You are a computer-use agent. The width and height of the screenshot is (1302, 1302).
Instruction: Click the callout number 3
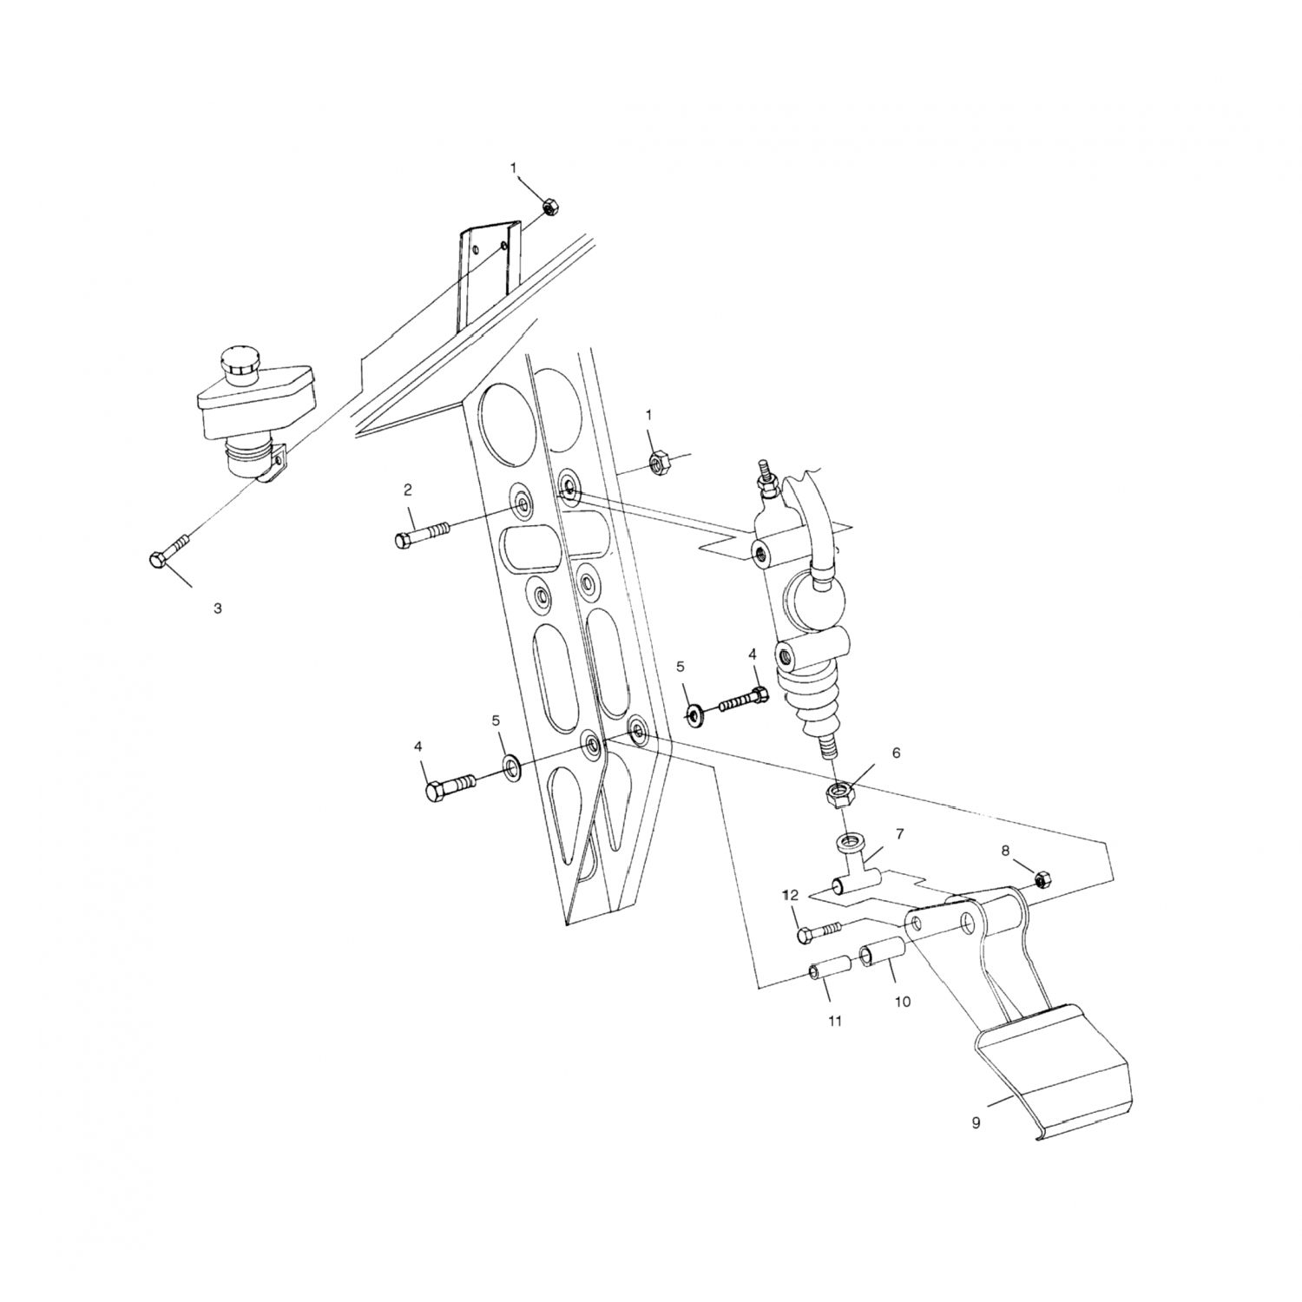click(217, 609)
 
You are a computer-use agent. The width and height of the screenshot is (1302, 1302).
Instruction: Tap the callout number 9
click(976, 1123)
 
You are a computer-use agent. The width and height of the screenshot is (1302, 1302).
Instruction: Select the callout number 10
click(903, 1002)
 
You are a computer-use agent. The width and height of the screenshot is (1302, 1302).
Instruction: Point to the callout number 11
click(834, 1022)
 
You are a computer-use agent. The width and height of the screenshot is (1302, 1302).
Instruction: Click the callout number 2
click(407, 490)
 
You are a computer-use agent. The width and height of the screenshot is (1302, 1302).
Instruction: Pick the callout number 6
click(896, 753)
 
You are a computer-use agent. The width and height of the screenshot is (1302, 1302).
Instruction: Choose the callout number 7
click(900, 834)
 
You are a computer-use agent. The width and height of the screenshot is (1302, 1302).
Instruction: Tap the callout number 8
click(1005, 851)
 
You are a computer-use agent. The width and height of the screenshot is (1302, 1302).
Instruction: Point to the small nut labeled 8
click(1043, 879)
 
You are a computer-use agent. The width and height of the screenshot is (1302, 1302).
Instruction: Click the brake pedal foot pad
click(1055, 1073)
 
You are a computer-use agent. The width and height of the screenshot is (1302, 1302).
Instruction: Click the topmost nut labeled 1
click(549, 207)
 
